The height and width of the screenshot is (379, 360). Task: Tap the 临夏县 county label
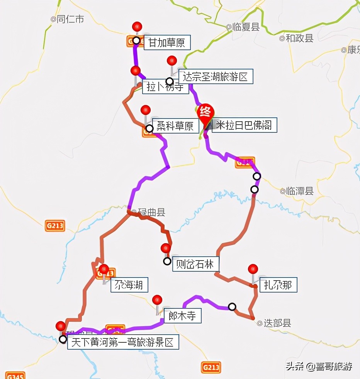[246, 27]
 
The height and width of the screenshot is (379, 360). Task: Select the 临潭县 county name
[299, 191]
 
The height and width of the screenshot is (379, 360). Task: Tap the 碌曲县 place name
[149, 212]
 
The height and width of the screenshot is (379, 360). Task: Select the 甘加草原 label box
[167, 42]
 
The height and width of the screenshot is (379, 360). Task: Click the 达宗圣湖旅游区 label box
[215, 76]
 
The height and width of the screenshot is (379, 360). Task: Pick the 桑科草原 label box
[175, 126]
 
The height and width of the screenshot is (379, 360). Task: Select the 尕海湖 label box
[129, 285]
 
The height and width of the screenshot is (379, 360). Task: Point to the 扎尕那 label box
[278, 285]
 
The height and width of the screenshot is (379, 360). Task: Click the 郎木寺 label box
[182, 316]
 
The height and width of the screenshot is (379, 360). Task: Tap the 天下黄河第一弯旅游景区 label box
[123, 342]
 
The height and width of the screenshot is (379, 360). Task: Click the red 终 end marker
[205, 112]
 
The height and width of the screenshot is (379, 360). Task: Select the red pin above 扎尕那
[253, 269]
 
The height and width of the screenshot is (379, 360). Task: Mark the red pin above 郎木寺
[157, 299]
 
